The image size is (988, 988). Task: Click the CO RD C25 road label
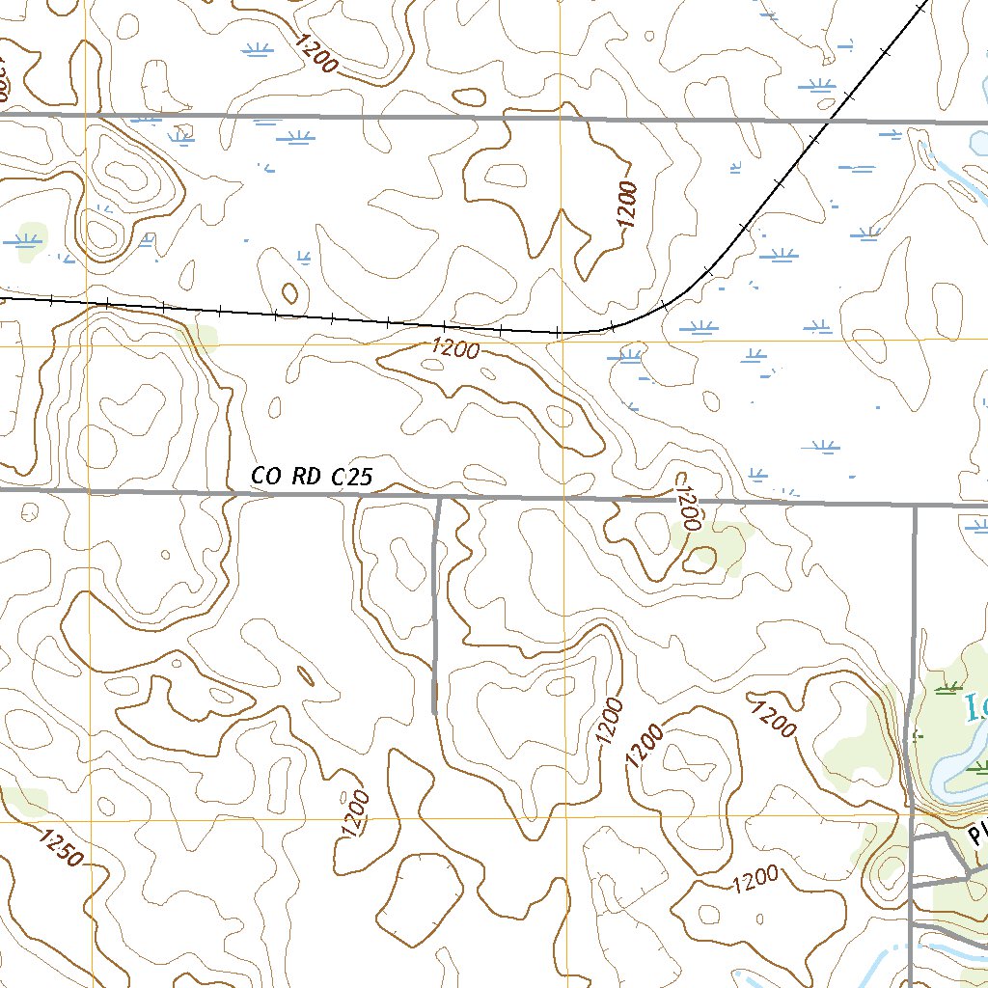tap(311, 476)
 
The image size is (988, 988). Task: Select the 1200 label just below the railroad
tap(455, 347)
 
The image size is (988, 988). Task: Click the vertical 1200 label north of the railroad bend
tap(628, 204)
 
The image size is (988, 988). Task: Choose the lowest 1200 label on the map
tap(755, 879)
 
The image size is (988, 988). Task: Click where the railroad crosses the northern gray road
tap(828, 122)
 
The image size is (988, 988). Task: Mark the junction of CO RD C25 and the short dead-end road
tap(439, 498)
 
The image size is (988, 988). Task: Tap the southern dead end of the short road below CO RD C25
tap(434, 712)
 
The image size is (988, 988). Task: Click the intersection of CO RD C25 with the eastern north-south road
tap(914, 505)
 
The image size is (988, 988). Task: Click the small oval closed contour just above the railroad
tap(288, 291)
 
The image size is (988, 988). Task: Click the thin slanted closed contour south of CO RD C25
tap(305, 675)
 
